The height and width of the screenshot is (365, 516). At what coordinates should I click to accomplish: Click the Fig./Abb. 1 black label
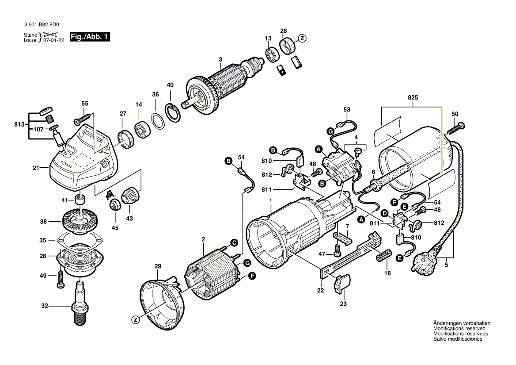tap(90, 37)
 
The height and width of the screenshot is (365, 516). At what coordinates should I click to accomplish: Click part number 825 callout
tap(413, 97)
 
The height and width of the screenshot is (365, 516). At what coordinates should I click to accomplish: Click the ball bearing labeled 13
tap(270, 54)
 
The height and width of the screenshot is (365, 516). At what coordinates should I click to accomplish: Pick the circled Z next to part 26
tap(302, 38)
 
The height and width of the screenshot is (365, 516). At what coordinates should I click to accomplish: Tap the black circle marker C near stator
tap(234, 242)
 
